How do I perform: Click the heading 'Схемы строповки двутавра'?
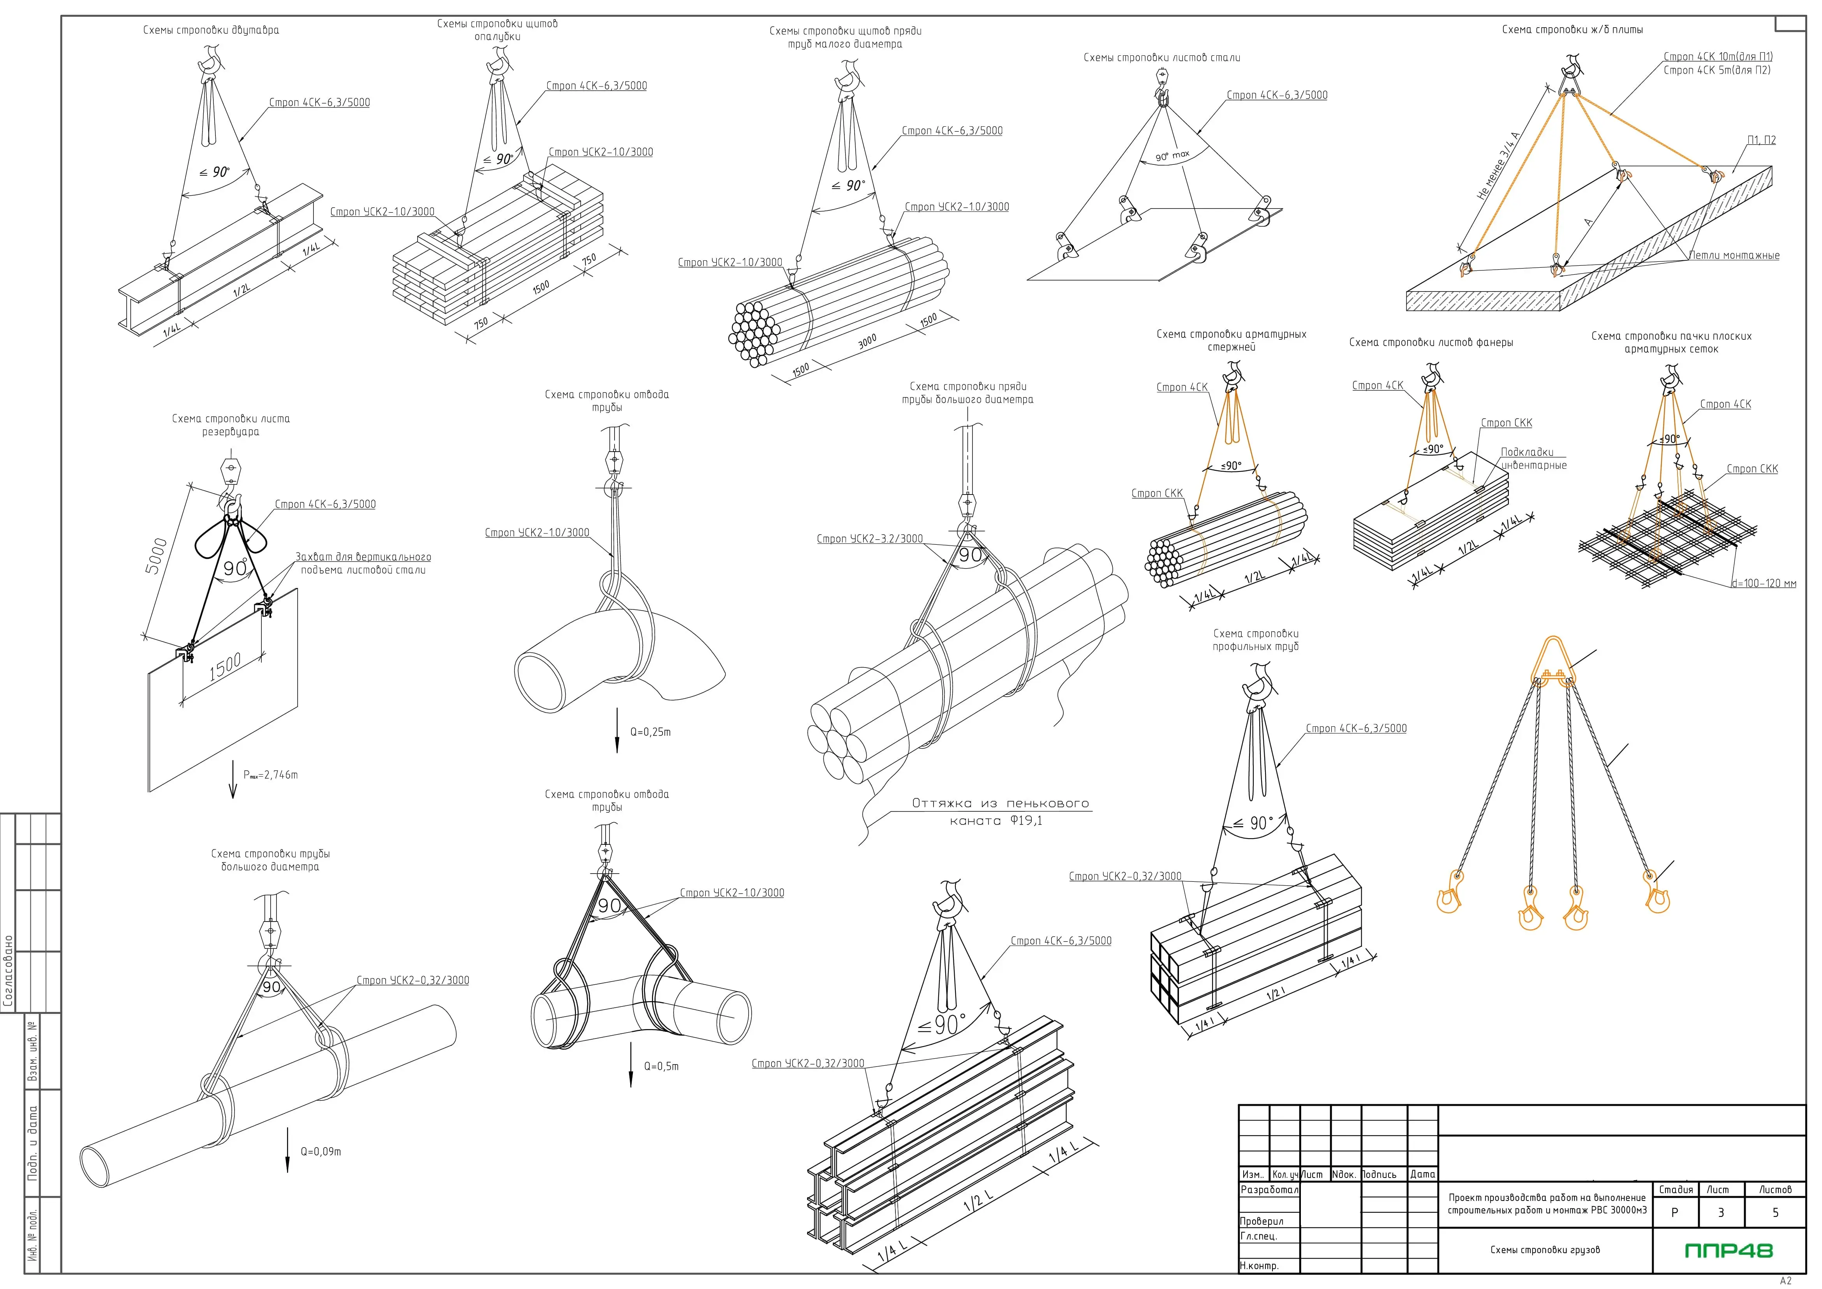point(211,30)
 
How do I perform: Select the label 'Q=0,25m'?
point(650,732)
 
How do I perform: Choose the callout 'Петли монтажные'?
point(1734,256)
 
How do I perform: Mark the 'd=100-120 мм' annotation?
point(1763,583)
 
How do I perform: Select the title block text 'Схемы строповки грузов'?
point(1545,1250)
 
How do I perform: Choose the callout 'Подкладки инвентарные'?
point(1532,459)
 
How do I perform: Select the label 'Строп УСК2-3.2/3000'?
point(870,539)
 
